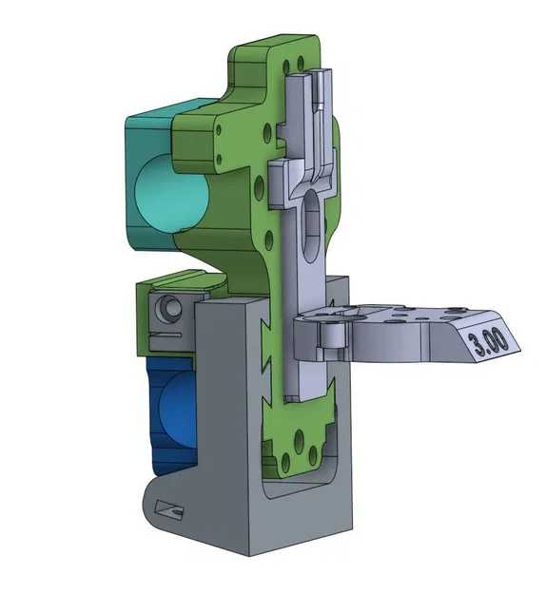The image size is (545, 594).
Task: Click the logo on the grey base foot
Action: coord(172,510)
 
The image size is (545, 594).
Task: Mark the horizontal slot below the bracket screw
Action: coord(167,335)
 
